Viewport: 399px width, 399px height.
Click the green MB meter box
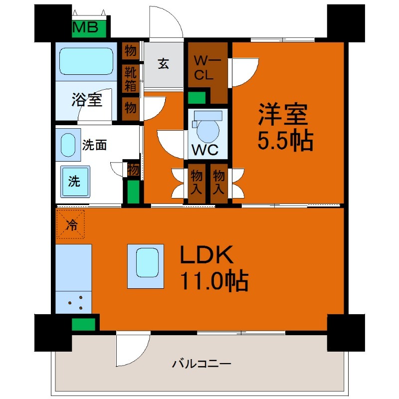tap(89, 28)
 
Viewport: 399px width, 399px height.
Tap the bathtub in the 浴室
tap(87, 61)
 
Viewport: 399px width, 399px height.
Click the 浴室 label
tap(87, 99)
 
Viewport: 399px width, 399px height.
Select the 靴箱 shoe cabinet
tap(131, 79)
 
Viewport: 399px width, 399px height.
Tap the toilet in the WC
tap(206, 128)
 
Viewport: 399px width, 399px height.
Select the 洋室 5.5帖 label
tap(285, 128)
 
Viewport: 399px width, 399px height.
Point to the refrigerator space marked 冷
tap(71, 225)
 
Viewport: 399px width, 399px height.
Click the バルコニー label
tap(201, 364)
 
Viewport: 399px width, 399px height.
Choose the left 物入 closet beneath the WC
tap(196, 182)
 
